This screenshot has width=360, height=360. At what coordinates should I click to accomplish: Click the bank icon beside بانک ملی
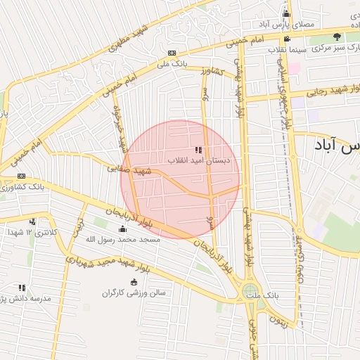click(172, 53)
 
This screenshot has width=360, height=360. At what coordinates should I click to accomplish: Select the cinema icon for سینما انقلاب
click(286, 39)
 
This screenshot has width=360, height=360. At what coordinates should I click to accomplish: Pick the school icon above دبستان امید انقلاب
click(198, 149)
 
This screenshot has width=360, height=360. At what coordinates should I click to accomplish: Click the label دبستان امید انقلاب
click(198, 160)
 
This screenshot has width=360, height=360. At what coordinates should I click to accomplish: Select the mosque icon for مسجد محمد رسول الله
click(123, 229)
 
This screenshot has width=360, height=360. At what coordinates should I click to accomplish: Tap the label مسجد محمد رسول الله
click(123, 240)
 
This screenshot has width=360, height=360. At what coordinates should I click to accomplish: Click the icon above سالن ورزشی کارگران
click(134, 282)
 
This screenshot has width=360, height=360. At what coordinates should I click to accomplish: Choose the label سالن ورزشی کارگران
click(134, 292)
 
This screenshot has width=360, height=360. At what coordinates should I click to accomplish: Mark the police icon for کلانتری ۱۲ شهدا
click(32, 221)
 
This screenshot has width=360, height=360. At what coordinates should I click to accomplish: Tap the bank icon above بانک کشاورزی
click(21, 176)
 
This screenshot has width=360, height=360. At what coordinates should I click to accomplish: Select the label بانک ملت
click(266, 296)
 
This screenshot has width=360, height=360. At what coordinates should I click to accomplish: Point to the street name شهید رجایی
click(327, 91)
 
